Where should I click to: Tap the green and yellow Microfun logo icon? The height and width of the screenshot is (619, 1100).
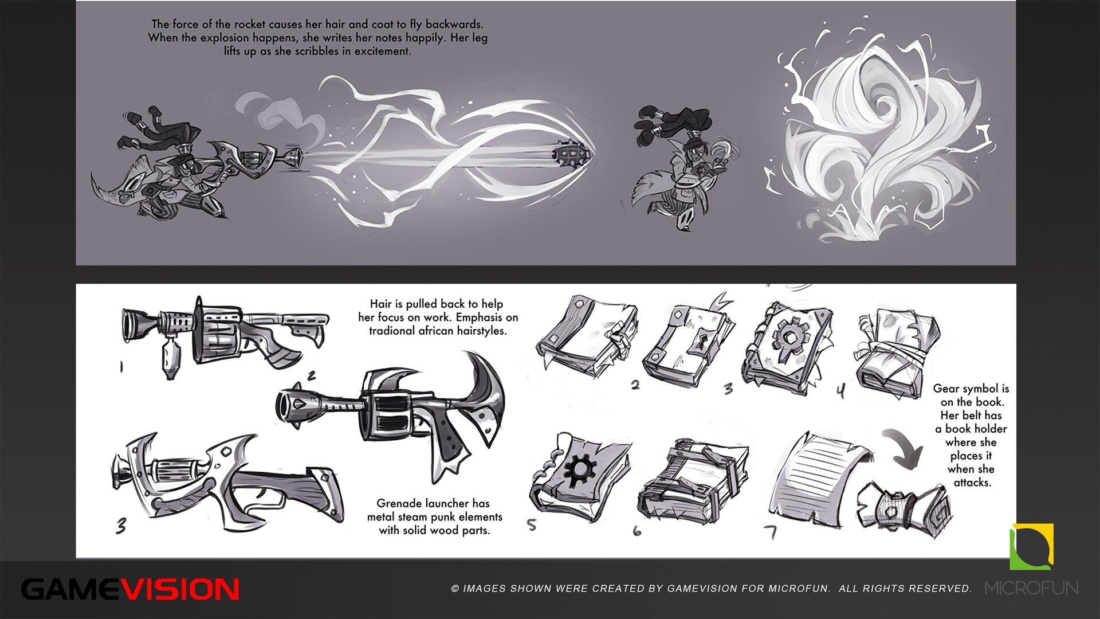point(1031,546)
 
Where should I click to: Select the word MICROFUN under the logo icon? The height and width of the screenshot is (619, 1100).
point(1031,587)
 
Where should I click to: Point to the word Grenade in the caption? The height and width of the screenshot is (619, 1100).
point(399,503)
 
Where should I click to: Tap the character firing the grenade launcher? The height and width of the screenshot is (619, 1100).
point(172,166)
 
